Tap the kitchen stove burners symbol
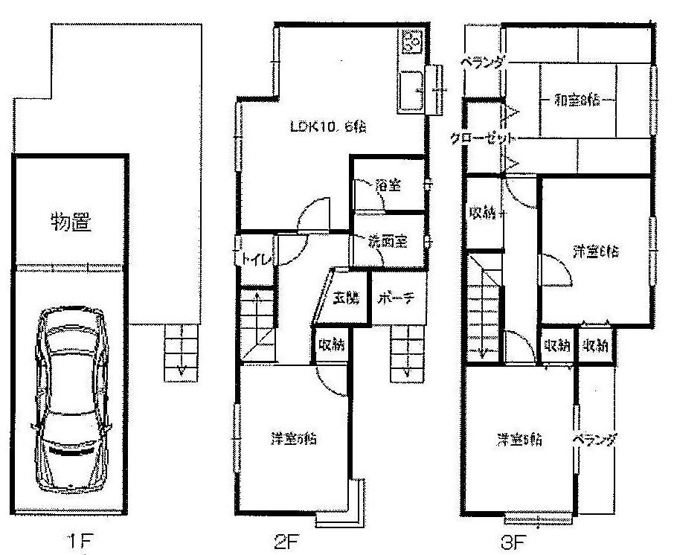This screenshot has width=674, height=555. (x=411, y=42)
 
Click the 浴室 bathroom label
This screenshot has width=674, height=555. (x=388, y=185)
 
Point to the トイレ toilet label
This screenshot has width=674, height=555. (x=255, y=258)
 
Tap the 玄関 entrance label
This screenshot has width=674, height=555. (x=345, y=298)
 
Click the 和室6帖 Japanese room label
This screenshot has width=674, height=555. (x=577, y=100)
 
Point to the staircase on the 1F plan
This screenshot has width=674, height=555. (x=179, y=350)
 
